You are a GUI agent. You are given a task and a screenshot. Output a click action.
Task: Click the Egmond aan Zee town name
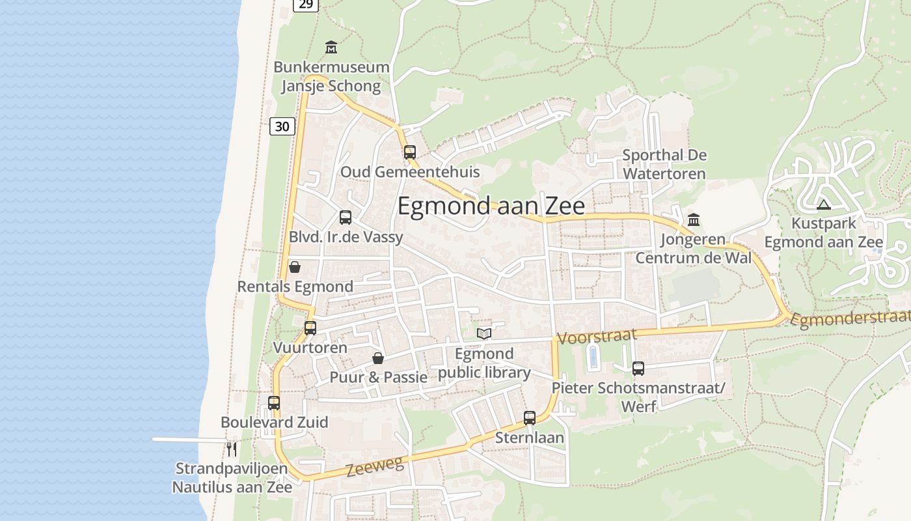pos(491,206)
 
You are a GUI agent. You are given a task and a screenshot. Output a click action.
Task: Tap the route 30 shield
pos(282,126)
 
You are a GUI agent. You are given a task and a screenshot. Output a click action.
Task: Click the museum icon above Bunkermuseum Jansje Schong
pos(331,48)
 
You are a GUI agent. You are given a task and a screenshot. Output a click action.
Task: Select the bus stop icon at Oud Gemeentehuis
pos(409,152)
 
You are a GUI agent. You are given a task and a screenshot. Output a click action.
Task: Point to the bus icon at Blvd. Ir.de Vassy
pos(346,218)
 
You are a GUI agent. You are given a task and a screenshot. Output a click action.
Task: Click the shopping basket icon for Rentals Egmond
pos(295,267)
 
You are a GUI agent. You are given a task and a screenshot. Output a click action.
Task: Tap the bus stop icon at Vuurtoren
pos(310,328)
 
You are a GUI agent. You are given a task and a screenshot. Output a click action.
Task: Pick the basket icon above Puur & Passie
pos(378,358)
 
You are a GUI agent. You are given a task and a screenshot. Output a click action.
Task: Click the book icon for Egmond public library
pos(484,334)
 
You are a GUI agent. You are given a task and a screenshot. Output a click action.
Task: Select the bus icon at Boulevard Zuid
pos(274,403)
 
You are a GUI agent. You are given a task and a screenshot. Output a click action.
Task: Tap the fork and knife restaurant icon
pos(231,449)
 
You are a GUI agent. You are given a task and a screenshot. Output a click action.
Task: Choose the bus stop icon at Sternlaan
pos(530,418)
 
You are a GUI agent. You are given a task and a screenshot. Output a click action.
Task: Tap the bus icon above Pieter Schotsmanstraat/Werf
pos(638,369)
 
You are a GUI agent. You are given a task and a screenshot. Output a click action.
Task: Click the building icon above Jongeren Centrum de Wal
pos(694,220)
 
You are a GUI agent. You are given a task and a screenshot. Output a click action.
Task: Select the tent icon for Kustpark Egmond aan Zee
pos(824,204)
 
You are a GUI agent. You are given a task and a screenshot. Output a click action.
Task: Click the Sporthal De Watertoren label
pos(664,164)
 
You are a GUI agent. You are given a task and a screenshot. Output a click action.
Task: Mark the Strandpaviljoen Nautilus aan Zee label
pos(232,477)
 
